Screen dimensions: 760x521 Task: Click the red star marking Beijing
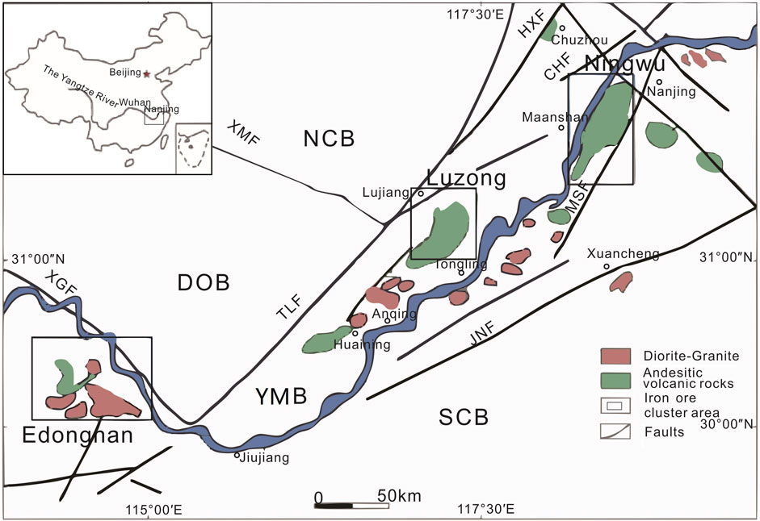click(146, 73)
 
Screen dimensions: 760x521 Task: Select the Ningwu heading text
click(613, 63)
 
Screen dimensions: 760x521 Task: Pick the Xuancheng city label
click(624, 253)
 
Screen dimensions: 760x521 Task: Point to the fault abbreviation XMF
click(243, 133)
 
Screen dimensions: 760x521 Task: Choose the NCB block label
click(329, 139)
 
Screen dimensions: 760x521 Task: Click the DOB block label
click(204, 282)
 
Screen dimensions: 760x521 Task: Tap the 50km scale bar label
click(398, 495)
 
